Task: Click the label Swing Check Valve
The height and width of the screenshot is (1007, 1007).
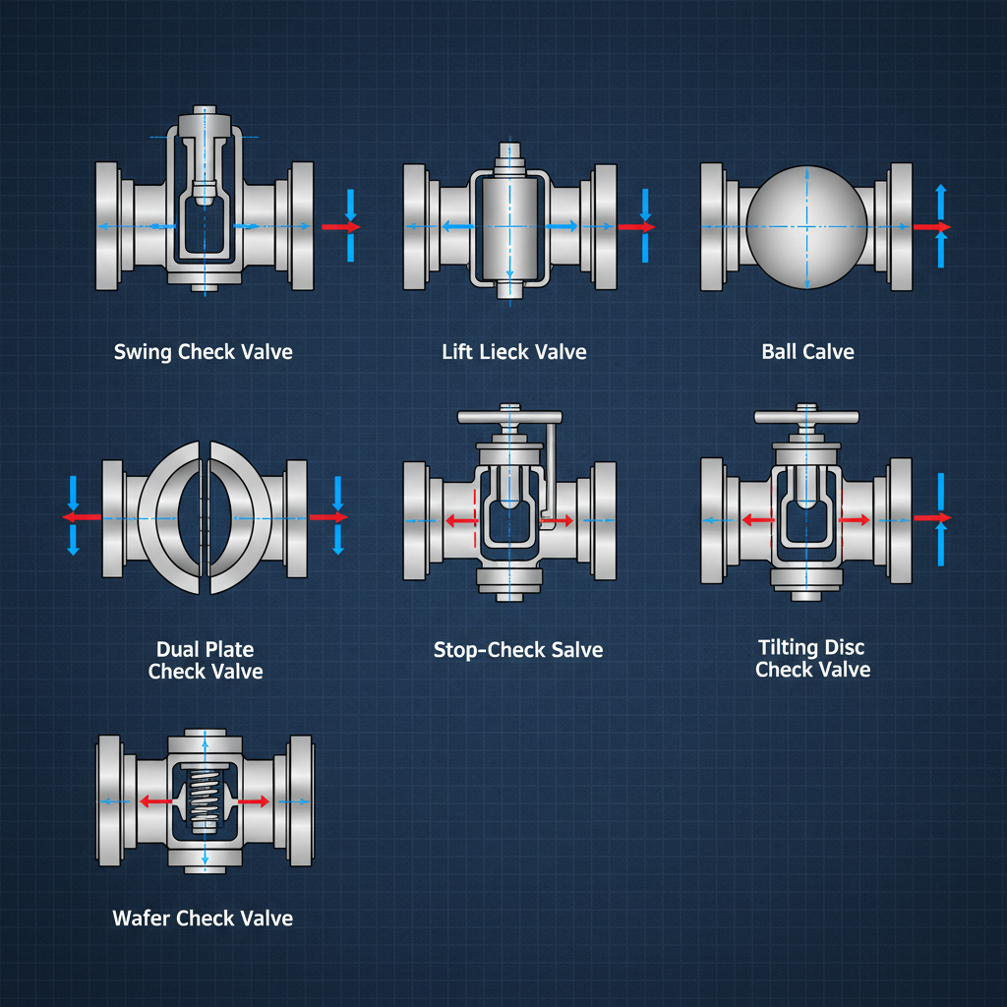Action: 203,352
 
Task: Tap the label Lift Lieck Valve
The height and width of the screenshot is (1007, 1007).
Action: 513,352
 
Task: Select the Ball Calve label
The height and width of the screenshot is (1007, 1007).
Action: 807,352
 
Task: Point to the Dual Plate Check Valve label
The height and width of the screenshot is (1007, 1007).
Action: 206,661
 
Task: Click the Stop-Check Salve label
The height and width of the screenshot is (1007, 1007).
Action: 517,650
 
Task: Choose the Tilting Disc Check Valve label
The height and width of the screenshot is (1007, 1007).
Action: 812,659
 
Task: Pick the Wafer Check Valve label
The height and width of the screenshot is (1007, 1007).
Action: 203,918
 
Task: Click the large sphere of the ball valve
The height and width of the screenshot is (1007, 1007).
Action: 806,226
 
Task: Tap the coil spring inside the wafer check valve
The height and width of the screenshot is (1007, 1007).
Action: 205,801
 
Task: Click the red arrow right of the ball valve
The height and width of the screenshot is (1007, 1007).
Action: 930,227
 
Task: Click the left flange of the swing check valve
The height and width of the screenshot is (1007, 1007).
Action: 109,226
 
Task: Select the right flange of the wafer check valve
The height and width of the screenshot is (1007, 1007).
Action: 299,800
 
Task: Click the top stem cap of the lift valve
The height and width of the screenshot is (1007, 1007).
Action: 509,155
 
